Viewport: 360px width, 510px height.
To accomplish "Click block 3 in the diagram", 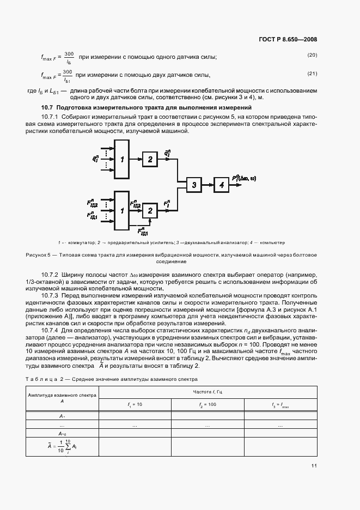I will coord(193,185).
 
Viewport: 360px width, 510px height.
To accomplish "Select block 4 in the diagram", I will coord(221,185).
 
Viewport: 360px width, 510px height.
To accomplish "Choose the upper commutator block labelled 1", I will coord(123,159).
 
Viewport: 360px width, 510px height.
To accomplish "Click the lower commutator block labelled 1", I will coord(123,210).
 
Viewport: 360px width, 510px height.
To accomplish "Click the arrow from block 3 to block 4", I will coord(208,185).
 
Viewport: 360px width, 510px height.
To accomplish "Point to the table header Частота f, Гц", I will coord(208,392).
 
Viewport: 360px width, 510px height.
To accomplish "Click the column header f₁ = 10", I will coord(135,404).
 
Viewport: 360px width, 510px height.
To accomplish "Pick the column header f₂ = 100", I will coord(208,404).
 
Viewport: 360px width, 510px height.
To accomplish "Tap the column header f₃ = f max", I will coord(280,405).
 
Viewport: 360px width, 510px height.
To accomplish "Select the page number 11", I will coord(314,466).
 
